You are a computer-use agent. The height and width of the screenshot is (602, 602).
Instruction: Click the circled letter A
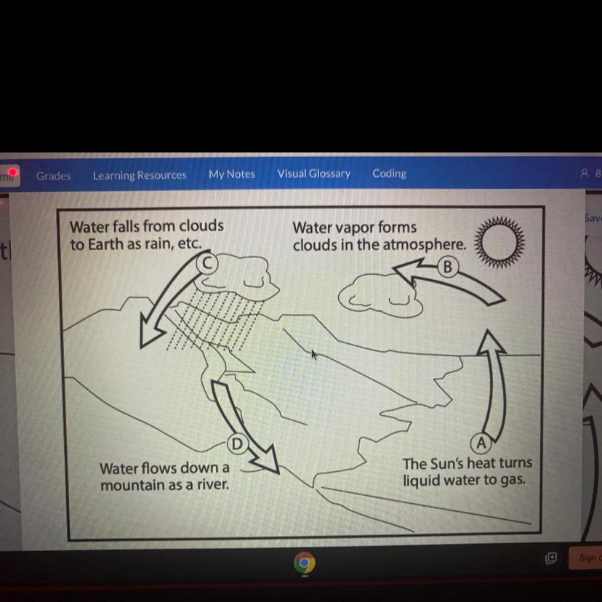click(481, 443)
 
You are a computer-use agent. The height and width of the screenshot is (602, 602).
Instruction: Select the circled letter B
click(448, 268)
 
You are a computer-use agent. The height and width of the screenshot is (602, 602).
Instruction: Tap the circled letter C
click(207, 263)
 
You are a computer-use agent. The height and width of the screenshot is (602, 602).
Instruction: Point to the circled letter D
click(237, 444)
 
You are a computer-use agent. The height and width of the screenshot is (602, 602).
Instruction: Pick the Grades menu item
click(53, 176)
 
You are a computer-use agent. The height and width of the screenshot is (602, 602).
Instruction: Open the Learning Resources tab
click(140, 175)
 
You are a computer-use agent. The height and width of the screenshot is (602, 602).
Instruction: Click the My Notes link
click(232, 174)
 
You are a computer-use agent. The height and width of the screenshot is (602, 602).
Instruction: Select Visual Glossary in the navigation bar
click(313, 174)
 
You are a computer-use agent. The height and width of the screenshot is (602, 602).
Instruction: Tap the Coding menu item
click(389, 173)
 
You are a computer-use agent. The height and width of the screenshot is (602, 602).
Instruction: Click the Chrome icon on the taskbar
click(304, 563)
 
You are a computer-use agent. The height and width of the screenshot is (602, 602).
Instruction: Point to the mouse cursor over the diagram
click(314, 354)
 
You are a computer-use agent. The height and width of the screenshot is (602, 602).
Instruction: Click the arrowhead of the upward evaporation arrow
click(489, 341)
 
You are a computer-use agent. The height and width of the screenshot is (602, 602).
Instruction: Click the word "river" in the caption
click(213, 484)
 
